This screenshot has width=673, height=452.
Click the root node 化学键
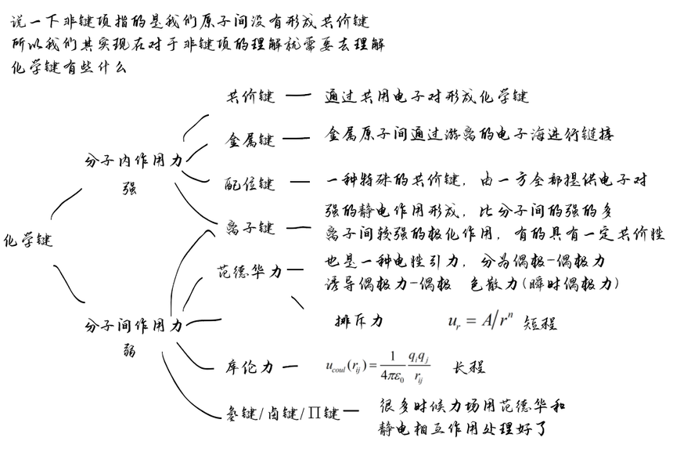(x=28, y=240)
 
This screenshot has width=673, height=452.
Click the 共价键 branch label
(x=250, y=97)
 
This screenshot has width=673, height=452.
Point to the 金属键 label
(x=250, y=140)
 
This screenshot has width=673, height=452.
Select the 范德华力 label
(x=248, y=272)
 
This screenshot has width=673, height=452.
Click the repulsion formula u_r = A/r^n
(x=480, y=321)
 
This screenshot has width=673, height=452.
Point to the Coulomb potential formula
(x=376, y=365)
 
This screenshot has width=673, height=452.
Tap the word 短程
(x=540, y=323)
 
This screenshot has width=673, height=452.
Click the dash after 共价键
(x=298, y=96)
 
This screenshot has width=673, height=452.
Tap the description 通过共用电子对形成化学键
(x=426, y=97)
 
